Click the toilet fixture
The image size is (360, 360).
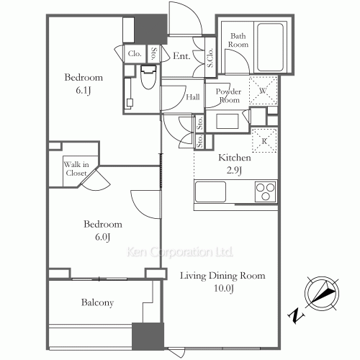148,76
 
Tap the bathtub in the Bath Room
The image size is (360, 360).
270,47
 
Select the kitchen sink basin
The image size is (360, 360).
210,192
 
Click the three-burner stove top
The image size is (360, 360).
265,192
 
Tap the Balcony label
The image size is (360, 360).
97,302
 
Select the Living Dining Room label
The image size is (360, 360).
222,276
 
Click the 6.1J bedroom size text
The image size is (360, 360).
84,91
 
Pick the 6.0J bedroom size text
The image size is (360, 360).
102,237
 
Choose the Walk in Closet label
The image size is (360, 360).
76,168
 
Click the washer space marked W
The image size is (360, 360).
263,91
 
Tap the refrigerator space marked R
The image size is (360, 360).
264,141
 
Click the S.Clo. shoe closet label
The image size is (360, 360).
210,58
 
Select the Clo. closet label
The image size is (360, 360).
135,53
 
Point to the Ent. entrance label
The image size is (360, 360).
181,56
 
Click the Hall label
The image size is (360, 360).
193,97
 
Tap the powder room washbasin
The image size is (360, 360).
228,121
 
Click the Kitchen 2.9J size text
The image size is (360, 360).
234,171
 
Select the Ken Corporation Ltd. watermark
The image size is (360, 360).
180,252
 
